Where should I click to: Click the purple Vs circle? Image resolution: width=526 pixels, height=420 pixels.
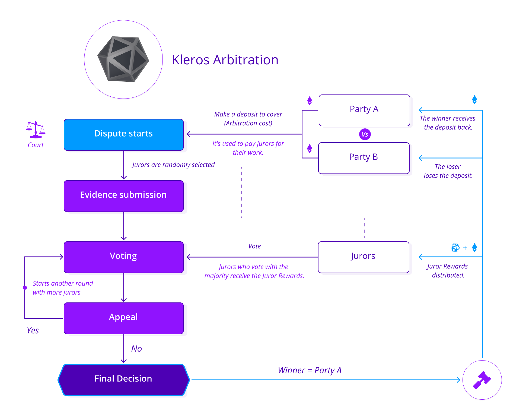pyautogui.click(x=365, y=134)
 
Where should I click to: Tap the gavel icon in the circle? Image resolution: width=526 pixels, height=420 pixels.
pyautogui.click(x=482, y=380)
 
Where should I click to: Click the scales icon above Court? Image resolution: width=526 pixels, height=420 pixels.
pyautogui.click(x=36, y=130)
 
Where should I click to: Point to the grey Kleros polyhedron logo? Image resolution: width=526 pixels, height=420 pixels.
pyautogui.click(x=123, y=59)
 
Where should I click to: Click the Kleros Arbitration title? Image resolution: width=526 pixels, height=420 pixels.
pyautogui.click(x=225, y=60)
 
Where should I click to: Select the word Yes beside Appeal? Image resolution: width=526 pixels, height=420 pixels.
pyautogui.click(x=33, y=330)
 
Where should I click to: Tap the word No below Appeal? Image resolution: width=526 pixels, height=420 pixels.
pyautogui.click(x=136, y=349)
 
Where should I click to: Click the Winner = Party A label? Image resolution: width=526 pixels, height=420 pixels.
pyautogui.click(x=310, y=370)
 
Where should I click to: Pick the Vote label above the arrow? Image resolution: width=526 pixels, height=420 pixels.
pyautogui.click(x=254, y=246)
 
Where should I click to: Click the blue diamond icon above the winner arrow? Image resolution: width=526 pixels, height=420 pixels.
pyautogui.click(x=474, y=100)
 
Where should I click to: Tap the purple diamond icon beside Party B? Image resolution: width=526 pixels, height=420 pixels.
pyautogui.click(x=310, y=149)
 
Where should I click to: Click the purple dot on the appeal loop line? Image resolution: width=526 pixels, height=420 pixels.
pyautogui.click(x=25, y=288)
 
